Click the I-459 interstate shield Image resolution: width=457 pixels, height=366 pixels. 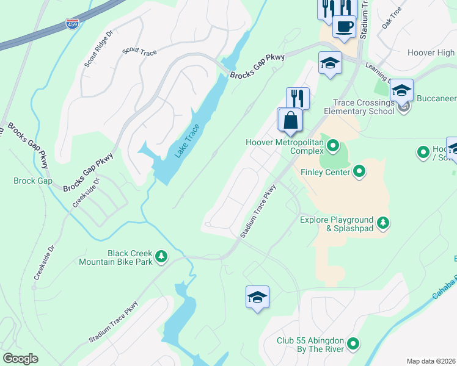tap(71, 24)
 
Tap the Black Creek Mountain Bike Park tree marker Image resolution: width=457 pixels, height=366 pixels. tap(161, 256)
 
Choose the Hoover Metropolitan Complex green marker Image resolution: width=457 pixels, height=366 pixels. tap(333, 145)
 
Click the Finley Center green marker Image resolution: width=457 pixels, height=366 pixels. tap(360, 171)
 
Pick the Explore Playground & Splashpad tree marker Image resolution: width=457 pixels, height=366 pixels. tap(383, 223)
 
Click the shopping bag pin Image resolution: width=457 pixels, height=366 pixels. tap(291, 120)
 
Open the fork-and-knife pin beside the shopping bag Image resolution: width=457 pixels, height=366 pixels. tap(298, 98)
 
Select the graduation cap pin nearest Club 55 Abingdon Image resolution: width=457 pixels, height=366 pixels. tap(257, 298)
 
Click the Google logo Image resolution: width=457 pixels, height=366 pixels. tap(21, 359)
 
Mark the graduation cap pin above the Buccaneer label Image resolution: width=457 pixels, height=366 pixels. tap(401, 91)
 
